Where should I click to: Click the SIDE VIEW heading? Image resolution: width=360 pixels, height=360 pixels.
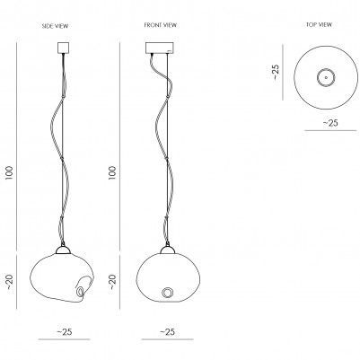click(55, 26)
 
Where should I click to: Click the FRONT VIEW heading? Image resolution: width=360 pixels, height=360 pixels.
click(161, 25)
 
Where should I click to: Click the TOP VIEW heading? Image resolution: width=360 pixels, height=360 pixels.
click(319, 24)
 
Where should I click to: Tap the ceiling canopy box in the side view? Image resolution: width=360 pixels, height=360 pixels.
click(63, 48)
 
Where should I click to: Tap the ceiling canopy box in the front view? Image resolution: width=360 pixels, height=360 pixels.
click(160, 48)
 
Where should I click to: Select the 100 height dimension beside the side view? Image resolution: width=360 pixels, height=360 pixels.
click(10, 172)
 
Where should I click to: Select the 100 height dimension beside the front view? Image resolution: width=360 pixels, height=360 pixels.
click(112, 172)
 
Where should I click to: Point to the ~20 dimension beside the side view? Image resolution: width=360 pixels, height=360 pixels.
click(10, 282)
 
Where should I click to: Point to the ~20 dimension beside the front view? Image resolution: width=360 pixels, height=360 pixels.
click(112, 282)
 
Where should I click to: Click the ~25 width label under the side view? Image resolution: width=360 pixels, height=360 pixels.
click(65, 331)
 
